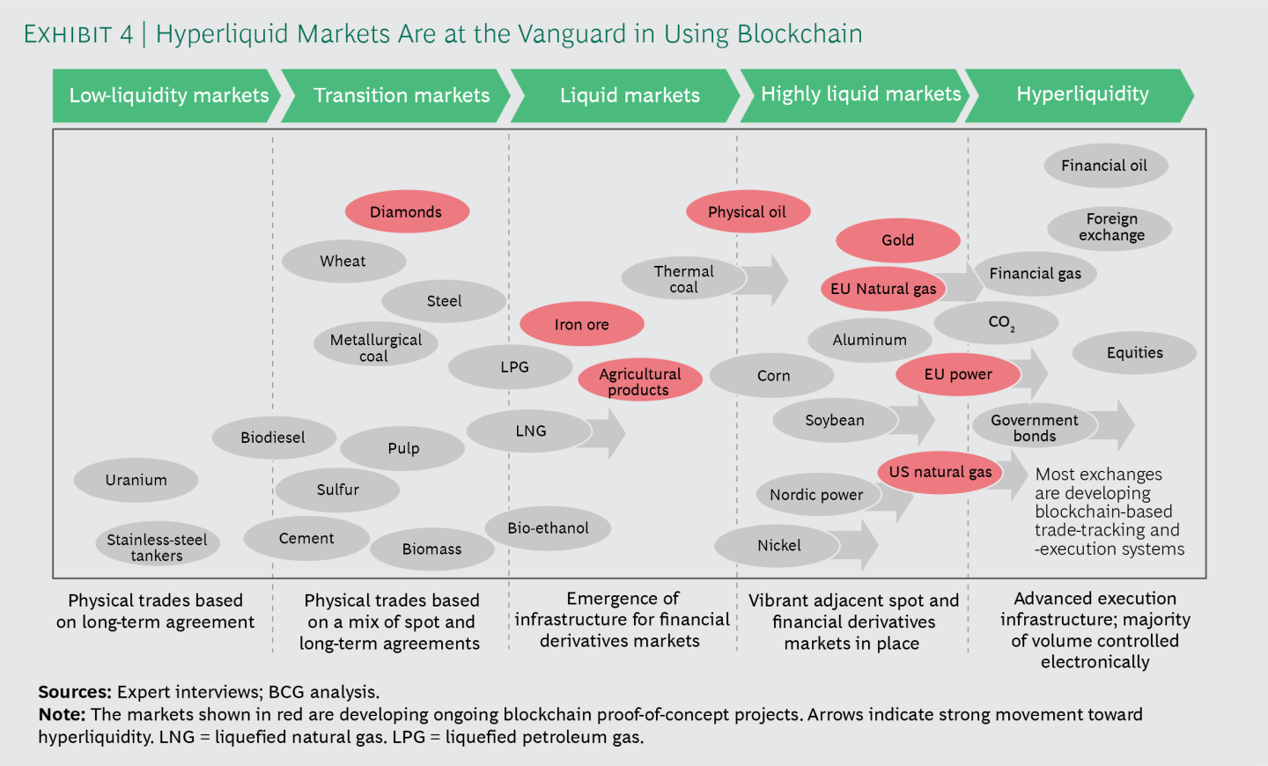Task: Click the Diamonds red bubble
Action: click(406, 212)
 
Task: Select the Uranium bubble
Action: click(136, 480)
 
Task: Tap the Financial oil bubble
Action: click(1104, 166)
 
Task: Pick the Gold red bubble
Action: click(897, 240)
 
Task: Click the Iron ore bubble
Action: click(581, 324)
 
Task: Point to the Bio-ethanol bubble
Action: click(548, 528)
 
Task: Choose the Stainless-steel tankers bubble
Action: click(157, 547)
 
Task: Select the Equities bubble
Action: click(1134, 353)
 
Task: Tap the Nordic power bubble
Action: click(816, 495)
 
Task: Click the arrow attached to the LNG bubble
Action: click(608, 432)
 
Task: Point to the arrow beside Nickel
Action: click(859, 545)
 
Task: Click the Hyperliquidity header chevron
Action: click(1081, 95)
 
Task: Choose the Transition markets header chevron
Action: click(401, 95)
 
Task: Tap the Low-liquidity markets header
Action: click(167, 95)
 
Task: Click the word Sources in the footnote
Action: click(74, 692)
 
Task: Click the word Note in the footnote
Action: click(61, 714)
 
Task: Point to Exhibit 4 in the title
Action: click(78, 34)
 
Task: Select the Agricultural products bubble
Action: click(640, 381)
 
